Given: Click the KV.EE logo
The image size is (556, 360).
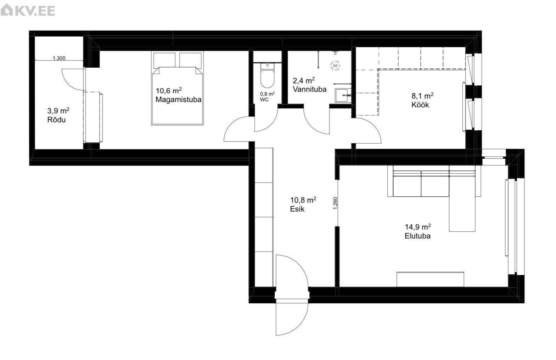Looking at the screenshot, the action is tap(28, 10).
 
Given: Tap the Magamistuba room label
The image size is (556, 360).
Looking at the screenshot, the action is tap(178, 100).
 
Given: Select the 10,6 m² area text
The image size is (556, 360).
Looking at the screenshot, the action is tap(169, 90).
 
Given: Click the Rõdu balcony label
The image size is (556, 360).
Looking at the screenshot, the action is tap(56, 120).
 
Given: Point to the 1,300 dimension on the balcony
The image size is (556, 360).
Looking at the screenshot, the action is tap(59, 58).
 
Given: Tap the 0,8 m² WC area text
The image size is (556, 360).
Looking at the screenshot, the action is tap(267, 94).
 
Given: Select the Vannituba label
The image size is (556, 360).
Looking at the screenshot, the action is tap(309, 89).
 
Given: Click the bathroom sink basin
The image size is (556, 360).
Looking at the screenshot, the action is tap(343, 95).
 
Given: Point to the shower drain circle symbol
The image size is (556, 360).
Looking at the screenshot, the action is tap(335, 66).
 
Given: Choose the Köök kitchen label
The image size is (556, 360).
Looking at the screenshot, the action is tap(420, 105).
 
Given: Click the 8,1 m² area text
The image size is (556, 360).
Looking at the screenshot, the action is tap(422, 96).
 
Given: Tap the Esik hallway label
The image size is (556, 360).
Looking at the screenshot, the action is tap(297, 209).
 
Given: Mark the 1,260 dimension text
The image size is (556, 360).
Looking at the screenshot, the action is tap(335, 203).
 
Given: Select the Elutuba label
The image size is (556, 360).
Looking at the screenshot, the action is tap(417, 236).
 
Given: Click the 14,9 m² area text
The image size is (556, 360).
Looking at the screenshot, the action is tap(418, 226).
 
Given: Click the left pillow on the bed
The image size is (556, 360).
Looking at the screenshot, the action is tap(164, 60).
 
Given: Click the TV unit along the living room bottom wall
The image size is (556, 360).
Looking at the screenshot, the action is tap(430, 279).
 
